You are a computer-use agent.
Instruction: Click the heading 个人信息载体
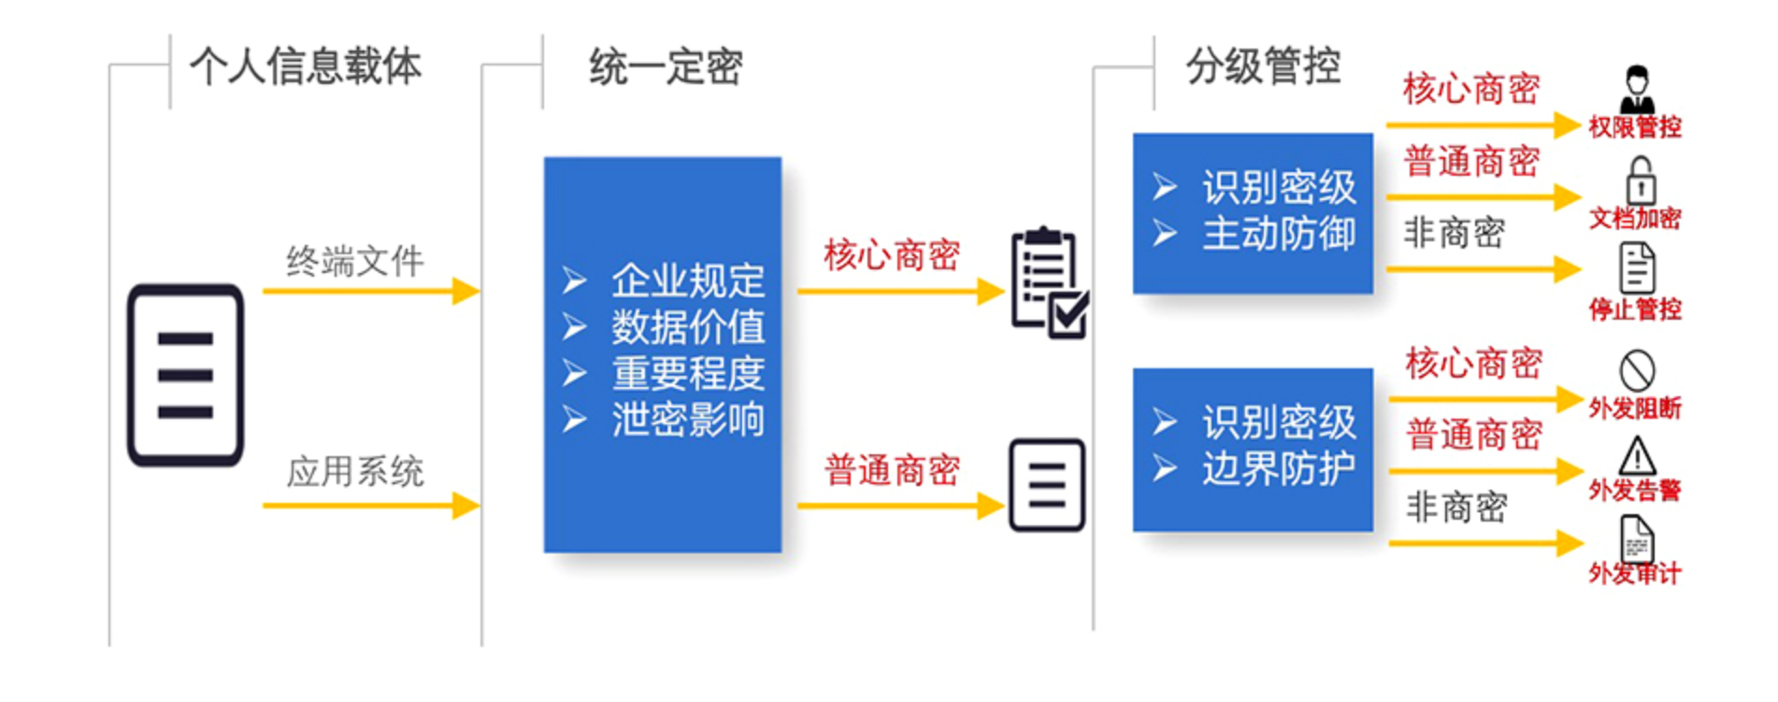coord(306,66)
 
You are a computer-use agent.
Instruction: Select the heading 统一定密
coord(666,67)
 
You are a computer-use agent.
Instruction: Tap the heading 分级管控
coord(1264,66)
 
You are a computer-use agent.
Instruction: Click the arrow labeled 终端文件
coord(371,291)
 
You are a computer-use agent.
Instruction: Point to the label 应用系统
coord(355,471)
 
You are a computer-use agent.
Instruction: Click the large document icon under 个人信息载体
coord(186,375)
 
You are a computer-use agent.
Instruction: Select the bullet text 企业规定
coord(688,280)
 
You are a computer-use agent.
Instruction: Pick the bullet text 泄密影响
coord(688,420)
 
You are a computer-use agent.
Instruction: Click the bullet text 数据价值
coord(688,327)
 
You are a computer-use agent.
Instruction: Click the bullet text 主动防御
coord(1279,233)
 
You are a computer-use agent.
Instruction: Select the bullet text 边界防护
coord(1279,468)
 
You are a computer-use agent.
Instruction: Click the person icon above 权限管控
coord(1637,89)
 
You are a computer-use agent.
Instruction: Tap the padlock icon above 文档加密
coord(1641,179)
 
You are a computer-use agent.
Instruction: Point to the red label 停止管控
coord(1635,309)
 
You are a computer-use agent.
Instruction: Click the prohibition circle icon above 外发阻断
coord(1637,370)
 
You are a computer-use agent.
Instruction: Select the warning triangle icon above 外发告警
coord(1637,456)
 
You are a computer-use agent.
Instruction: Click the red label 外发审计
coord(1635,572)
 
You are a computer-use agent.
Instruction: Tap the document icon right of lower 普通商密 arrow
coord(1047,485)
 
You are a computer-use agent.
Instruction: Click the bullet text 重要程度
coord(688,374)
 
